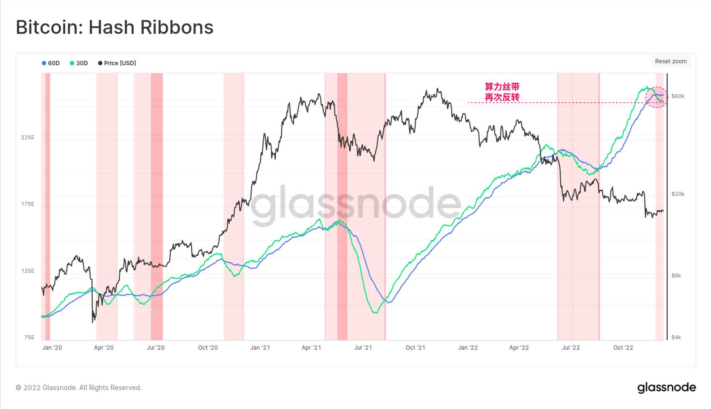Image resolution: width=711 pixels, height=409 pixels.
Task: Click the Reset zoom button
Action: coord(670,61)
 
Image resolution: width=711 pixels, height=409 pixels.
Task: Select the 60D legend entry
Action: coord(51,63)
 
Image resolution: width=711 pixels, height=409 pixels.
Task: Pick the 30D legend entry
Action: coord(79,63)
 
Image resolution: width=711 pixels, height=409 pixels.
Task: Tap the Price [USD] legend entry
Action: coord(117,63)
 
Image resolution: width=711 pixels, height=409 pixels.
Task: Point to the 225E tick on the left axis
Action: coord(28,137)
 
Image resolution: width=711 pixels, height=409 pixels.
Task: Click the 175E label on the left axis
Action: coord(28,204)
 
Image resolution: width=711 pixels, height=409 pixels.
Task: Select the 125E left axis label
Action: coord(28,271)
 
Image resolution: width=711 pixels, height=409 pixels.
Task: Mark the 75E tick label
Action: coord(29,337)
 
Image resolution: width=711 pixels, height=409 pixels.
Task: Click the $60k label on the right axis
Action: coord(678,96)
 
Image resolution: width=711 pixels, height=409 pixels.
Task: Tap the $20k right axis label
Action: coord(678,194)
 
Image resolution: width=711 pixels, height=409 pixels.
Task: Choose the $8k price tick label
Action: coord(676,276)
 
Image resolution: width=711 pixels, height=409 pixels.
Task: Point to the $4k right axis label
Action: coord(676,337)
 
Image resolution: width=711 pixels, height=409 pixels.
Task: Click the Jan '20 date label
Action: coord(52,348)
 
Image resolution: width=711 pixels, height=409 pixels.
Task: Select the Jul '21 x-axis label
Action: coord(363,348)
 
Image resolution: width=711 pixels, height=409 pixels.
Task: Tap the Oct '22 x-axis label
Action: coord(623,348)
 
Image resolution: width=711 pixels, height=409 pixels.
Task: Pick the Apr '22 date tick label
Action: coord(519,348)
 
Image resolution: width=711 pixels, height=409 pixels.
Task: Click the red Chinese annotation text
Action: coord(502,92)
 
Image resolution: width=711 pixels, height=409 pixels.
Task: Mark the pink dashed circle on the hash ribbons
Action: coord(656,97)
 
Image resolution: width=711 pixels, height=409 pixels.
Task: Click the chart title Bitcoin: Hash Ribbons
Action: coord(114,27)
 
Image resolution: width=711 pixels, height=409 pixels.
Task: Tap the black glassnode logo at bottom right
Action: coord(667,388)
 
